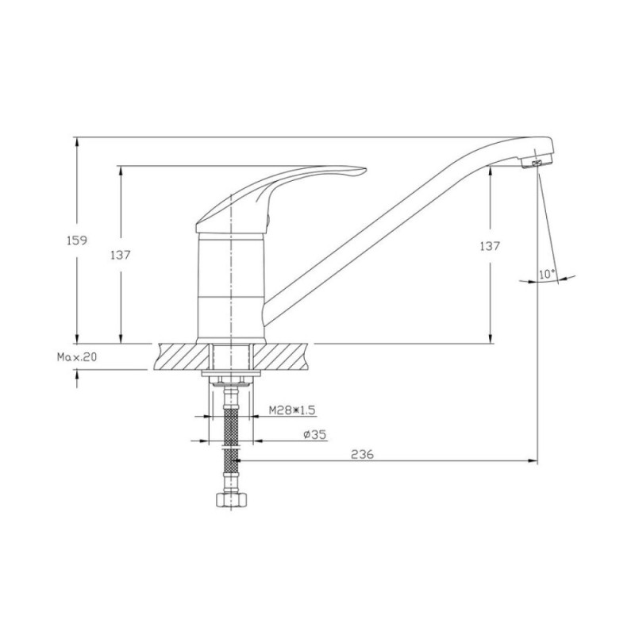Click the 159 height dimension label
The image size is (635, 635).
(x=76, y=241)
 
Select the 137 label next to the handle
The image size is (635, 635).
(x=121, y=255)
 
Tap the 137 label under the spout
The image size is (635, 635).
(x=490, y=246)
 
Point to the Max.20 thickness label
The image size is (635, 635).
(x=77, y=356)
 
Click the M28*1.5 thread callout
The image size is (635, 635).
(x=292, y=410)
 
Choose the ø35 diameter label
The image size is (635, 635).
(x=314, y=434)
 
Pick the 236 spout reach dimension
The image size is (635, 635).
(x=362, y=454)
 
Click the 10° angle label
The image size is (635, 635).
(x=547, y=274)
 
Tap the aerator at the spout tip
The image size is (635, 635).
(x=537, y=163)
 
